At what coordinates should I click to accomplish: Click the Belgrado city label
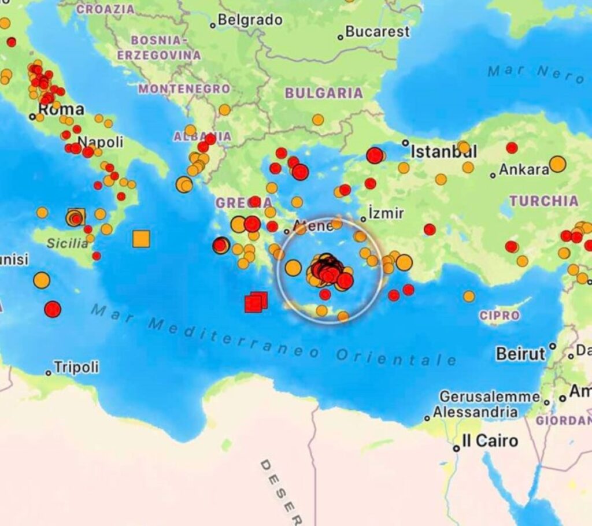click(x=250, y=21)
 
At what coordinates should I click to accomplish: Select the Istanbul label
click(x=443, y=152)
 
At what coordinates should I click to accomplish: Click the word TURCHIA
click(x=543, y=201)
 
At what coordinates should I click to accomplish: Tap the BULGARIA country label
click(x=324, y=93)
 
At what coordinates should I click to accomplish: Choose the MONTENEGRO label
click(x=184, y=89)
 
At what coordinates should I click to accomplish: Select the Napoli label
click(x=100, y=142)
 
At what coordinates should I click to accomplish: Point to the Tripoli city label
click(x=76, y=368)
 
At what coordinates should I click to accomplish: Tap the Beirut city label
click(x=521, y=354)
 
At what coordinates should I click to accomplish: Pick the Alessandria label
click(x=475, y=413)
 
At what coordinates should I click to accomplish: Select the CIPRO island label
click(x=499, y=316)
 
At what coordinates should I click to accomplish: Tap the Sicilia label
click(x=68, y=243)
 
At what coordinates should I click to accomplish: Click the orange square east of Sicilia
click(x=141, y=239)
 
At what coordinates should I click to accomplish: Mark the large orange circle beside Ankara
click(x=557, y=164)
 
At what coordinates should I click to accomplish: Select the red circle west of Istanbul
click(x=375, y=155)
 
